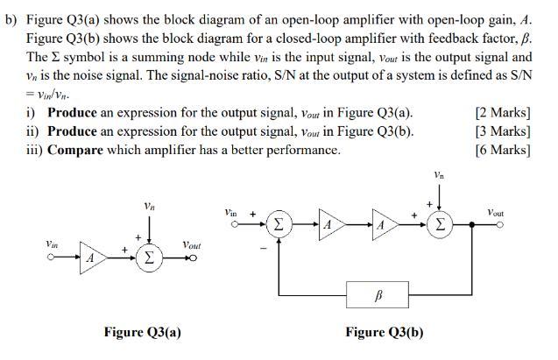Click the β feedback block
tap(378, 295)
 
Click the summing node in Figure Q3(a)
tap(150, 258)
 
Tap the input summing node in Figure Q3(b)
tap(277, 223)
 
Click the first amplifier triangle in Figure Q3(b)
tap(328, 223)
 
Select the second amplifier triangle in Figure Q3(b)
tap(383, 223)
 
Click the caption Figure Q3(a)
tap(142, 333)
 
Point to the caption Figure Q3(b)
tap(384, 333)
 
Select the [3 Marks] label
tap(503, 131)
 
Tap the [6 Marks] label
tap(503, 150)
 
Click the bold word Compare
tap(75, 150)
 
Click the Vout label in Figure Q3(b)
tap(495, 213)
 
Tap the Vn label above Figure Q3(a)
tap(150, 207)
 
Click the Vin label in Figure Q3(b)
tap(230, 213)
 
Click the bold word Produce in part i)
tap(77, 113)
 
